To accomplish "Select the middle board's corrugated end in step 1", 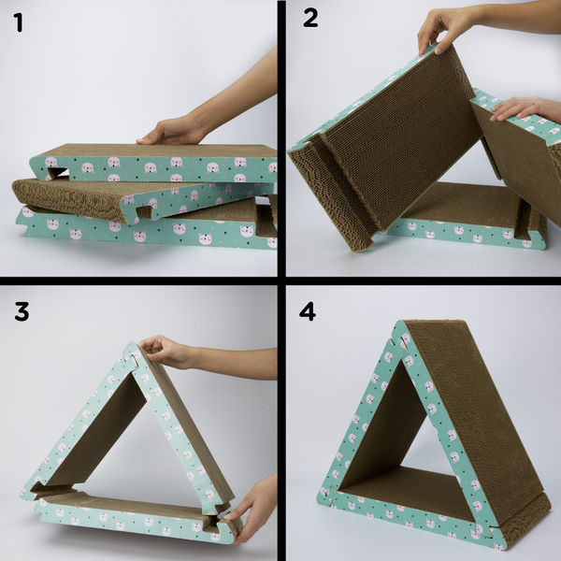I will [x=56, y=199].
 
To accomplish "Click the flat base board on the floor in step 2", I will [x=467, y=220].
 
